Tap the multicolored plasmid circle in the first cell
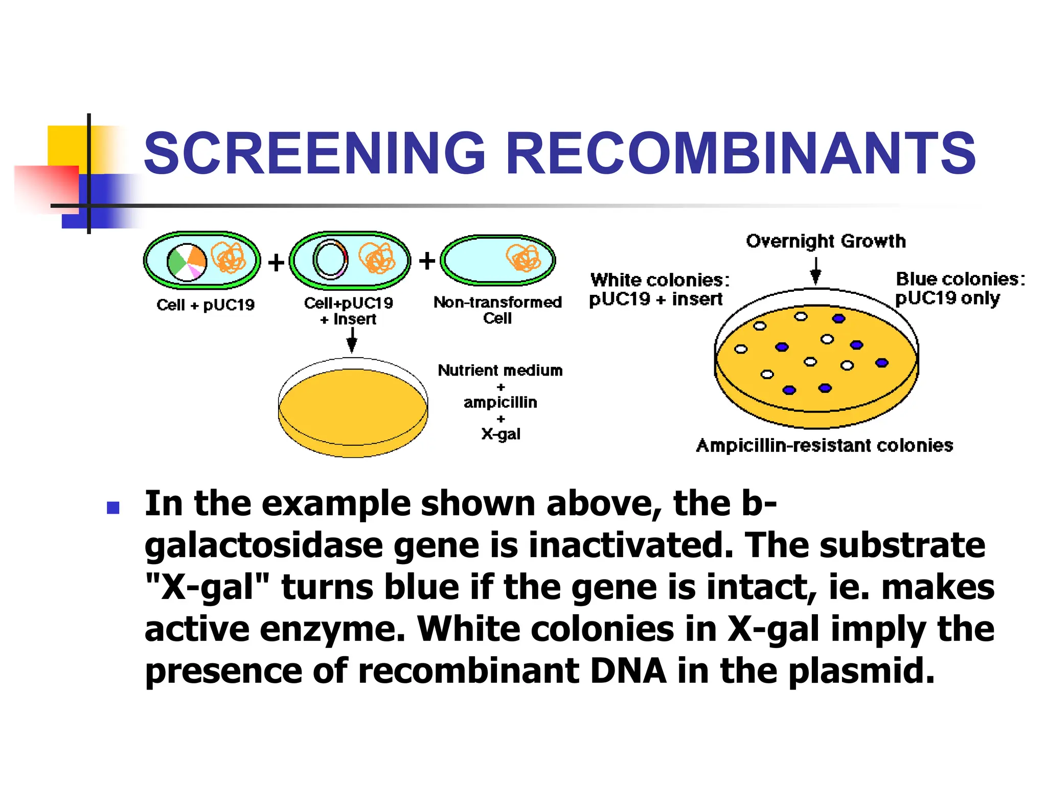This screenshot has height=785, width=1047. pos(187,262)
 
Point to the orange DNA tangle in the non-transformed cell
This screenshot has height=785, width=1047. pos(523,258)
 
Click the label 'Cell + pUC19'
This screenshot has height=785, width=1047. pos(206,305)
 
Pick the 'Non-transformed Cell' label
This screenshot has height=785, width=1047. pos(497,310)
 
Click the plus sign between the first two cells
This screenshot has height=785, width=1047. pos(276,263)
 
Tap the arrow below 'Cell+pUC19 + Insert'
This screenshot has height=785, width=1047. pos(352,340)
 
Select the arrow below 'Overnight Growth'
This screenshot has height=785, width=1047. pos(816,271)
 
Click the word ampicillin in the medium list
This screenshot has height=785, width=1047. pos(500,403)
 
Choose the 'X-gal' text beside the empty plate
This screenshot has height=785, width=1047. pos(500,434)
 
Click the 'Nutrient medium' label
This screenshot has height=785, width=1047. pos(500,371)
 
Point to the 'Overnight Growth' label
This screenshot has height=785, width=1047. pos(826,241)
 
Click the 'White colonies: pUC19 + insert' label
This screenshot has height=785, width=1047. pos(659,289)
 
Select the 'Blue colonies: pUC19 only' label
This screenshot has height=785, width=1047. pos(960,288)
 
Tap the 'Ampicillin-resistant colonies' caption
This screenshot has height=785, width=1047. pos(824,446)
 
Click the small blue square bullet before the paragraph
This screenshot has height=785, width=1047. pos(113,507)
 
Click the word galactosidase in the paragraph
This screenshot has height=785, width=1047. pos(263,545)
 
